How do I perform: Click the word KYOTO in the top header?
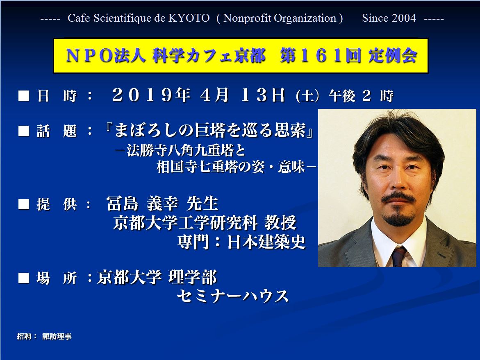pos(189,18)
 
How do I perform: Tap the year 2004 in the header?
pos(404,18)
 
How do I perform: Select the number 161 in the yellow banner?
pos(321,56)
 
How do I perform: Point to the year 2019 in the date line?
pos(143,95)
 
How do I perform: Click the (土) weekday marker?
pos(307,96)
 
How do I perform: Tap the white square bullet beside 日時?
pos(24,96)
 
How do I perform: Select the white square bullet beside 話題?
pos(24,131)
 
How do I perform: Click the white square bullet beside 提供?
pos(24,204)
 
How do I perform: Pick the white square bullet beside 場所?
pos(24,278)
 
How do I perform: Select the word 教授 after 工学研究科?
pos(280,222)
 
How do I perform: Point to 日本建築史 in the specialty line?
pos(266,242)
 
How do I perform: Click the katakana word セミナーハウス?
pos(233,296)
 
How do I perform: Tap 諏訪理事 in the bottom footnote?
pos(57,336)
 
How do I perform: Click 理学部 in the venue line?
pos(193,277)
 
